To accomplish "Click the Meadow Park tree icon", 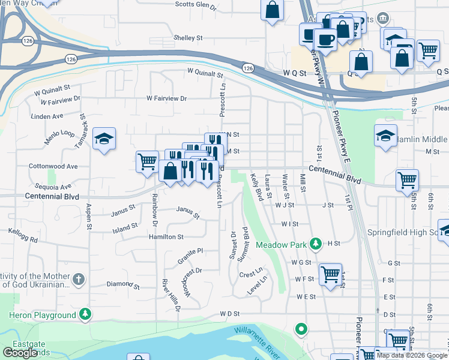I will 315,244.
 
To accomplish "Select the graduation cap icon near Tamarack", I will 104,139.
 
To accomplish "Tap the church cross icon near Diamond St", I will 79,279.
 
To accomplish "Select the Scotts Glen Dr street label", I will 195,5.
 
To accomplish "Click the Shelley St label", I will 188,38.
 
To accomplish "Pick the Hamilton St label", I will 166,237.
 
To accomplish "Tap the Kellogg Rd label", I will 22,235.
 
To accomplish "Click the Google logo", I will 20,353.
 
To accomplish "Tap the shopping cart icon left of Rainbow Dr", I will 147,161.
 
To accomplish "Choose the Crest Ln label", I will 252,275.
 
